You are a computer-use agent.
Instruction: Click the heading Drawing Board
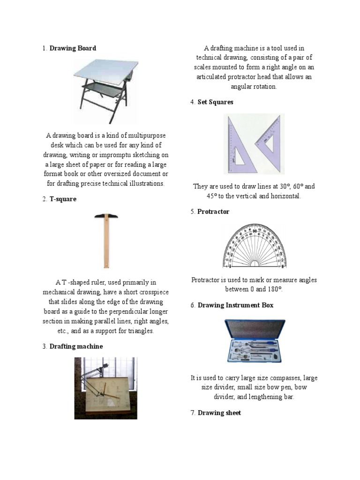73,48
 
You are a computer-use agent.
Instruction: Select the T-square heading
63,199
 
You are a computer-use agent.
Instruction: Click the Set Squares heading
215,102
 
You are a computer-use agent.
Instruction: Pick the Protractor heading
213,212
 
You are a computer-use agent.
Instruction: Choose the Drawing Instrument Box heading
235,305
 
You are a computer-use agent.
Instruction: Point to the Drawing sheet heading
219,413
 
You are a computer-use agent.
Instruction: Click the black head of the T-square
106,216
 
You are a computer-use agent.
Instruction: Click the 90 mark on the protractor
254,231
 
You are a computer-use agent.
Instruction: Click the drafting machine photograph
105,388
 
